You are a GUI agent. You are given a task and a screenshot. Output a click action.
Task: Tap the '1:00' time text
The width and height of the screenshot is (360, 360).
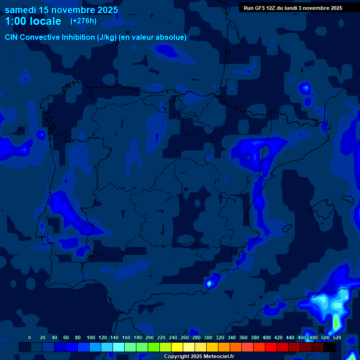[16, 22]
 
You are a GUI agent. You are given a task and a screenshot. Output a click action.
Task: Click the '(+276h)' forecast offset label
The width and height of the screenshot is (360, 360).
[83, 21]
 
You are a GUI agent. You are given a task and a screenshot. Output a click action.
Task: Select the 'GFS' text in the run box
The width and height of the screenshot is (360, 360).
[261, 8]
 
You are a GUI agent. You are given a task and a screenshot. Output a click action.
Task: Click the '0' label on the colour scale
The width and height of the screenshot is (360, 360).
[30, 337]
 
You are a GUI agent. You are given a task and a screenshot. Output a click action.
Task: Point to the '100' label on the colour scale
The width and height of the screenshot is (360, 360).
[90, 337]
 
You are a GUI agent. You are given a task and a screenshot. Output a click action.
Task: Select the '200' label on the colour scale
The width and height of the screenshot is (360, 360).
[150, 337]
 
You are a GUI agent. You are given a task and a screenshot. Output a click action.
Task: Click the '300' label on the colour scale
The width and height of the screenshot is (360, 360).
[208, 337]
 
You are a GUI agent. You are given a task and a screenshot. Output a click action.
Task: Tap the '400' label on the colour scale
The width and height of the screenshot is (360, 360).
[267, 337]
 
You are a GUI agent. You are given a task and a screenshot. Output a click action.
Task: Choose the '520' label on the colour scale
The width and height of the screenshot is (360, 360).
[337, 337]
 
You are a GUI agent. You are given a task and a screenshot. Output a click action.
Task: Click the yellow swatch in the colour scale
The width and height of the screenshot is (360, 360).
[177, 347]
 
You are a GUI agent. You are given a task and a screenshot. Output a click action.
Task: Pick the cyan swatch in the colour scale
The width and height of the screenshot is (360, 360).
[119, 347]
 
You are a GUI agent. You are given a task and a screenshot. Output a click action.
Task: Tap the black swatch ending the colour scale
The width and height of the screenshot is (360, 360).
[330, 347]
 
